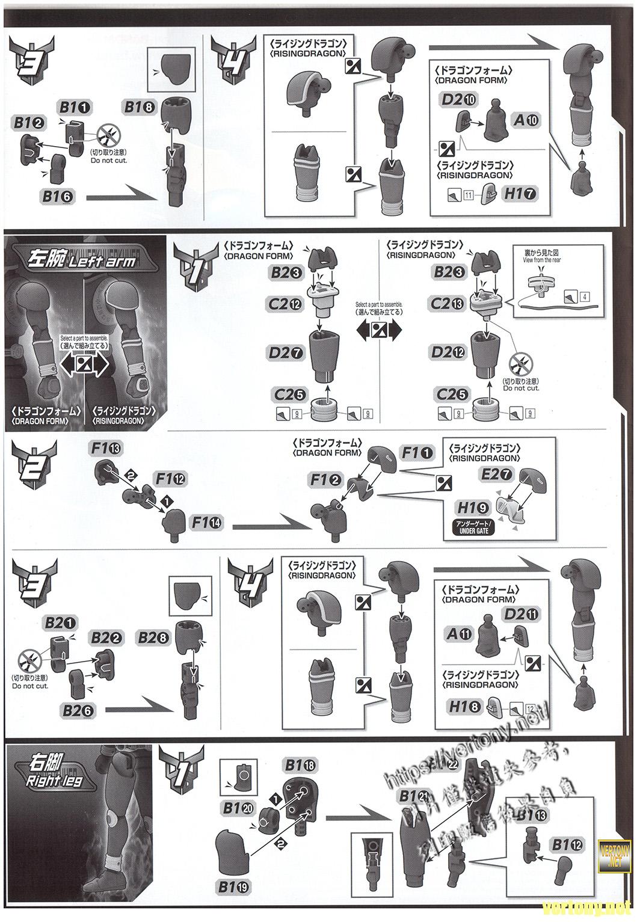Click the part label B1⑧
pyautogui.click(x=140, y=107)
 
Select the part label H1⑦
pyautogui.click(x=521, y=193)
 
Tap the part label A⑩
pyautogui.click(x=526, y=120)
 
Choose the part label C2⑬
pyautogui.click(x=445, y=304)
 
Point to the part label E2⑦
pyautogui.click(x=496, y=475)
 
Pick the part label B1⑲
pyautogui.click(x=236, y=887)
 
